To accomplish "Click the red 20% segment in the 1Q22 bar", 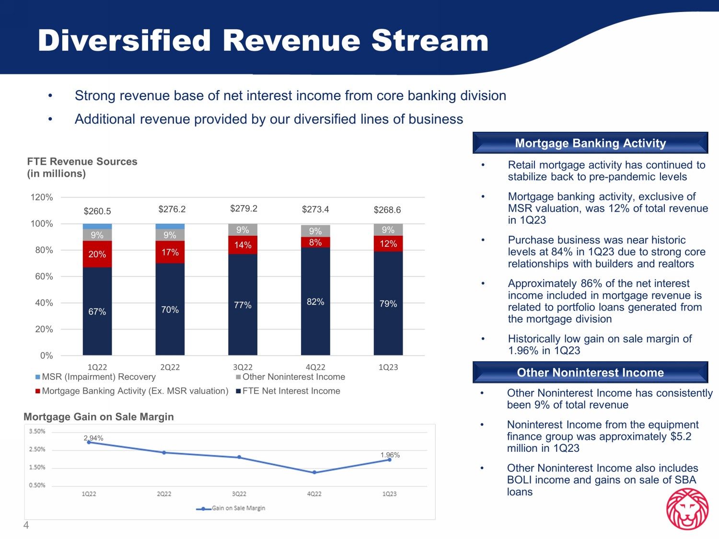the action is (97, 254).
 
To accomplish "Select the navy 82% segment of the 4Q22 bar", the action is (315, 301).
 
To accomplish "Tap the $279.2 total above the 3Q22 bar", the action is (244, 208).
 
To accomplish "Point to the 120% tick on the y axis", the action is (42, 197).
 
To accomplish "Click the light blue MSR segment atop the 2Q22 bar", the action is (170, 227).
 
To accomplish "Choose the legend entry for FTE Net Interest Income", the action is (288, 391).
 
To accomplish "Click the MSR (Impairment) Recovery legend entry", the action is (95, 377).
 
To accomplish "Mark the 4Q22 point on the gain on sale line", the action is (314, 472).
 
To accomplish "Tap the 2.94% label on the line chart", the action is (93, 438).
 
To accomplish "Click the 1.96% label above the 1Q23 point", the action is (390, 455).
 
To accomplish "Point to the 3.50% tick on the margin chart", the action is (37, 431).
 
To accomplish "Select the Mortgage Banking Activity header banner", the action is (590, 143).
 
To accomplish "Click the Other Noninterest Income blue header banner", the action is (590, 372).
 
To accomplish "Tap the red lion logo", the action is (687, 508).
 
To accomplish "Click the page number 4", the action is (26, 525).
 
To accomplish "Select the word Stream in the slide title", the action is (430, 41).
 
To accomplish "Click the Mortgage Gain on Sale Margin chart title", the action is (99, 417).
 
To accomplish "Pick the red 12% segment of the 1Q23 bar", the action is (388, 244).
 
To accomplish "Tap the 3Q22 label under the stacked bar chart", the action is (243, 367).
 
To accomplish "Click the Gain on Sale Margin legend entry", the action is (231, 508).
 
